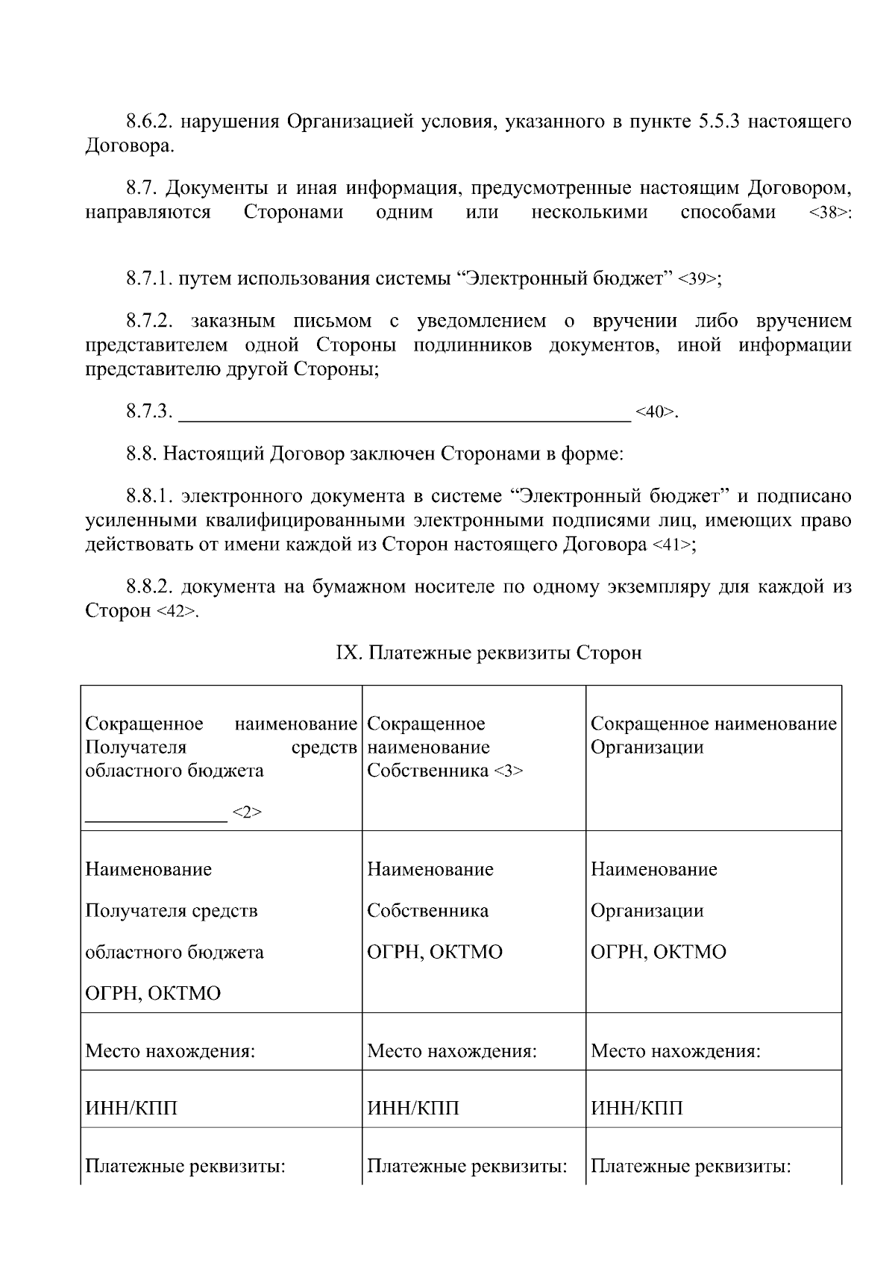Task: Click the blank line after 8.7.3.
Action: point(406,413)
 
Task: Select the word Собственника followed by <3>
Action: point(428,771)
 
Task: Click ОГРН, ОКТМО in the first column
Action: point(153,994)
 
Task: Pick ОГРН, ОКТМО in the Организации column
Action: point(658,952)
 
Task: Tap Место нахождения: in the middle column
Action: point(452,1052)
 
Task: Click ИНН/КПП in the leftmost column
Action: point(131,1109)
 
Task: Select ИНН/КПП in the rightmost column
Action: point(636,1109)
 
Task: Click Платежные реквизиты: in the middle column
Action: point(467,1166)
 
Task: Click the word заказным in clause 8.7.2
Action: point(223,322)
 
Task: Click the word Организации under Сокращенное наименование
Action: point(647,748)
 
